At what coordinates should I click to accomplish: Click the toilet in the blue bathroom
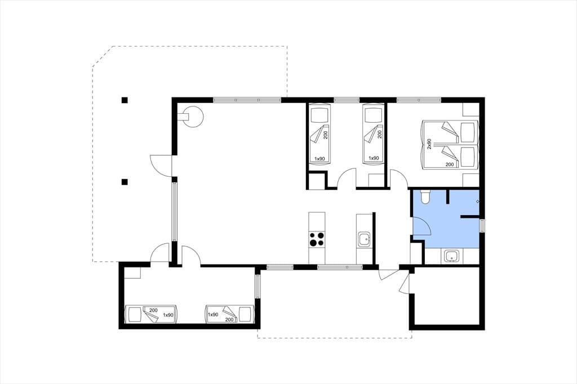point(425,197)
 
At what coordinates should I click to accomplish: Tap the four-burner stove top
point(317,239)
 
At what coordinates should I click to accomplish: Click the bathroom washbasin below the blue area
point(450,256)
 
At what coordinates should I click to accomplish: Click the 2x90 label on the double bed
point(429,144)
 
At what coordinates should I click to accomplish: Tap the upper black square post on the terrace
point(125,100)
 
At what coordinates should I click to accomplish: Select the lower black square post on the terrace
point(125,182)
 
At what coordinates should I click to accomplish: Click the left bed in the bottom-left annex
point(151,314)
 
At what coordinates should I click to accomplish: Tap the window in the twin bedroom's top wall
point(347,99)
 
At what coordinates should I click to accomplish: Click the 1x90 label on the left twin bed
point(319,159)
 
